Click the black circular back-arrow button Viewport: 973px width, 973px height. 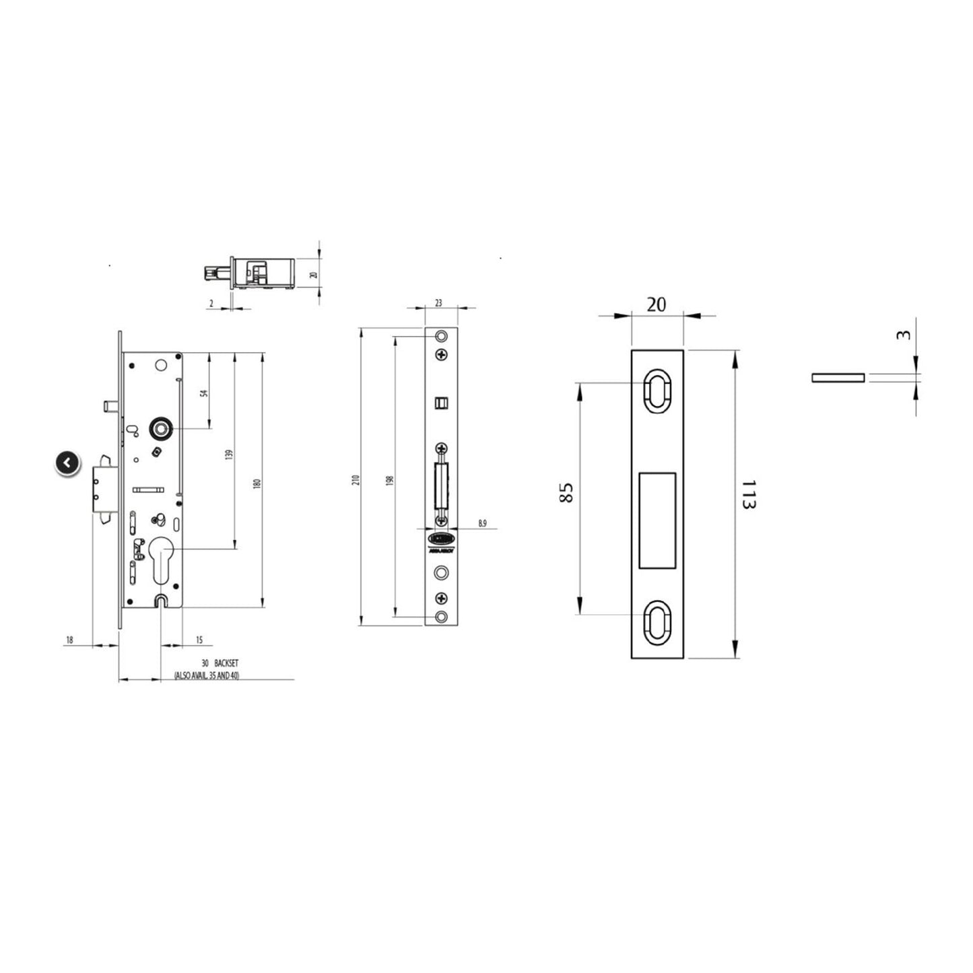pos(67,463)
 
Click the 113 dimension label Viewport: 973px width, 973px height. pos(746,494)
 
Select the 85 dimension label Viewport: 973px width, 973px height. pos(566,492)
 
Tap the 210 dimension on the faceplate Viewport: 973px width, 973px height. pos(356,479)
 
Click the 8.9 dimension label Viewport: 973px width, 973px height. pos(482,523)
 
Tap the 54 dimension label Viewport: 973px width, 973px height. pos(205,393)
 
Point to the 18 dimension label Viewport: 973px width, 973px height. pos(69,640)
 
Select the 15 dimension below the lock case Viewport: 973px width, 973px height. pos(199,640)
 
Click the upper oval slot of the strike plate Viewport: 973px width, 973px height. pos(657,390)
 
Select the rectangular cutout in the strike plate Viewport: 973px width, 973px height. pos(657,520)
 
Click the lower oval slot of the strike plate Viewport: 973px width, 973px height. pos(657,622)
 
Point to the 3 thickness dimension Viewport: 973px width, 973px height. pos(906,335)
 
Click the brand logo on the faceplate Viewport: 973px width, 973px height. pos(441,539)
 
